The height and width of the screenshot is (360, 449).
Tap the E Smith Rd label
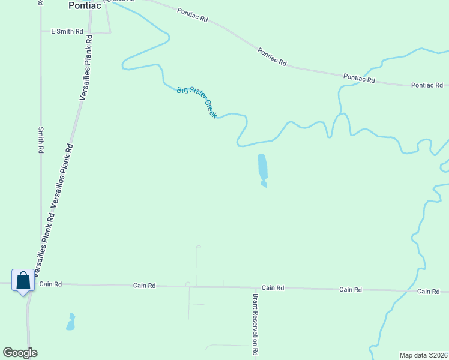point(67,31)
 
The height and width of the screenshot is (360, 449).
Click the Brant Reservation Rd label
point(255,325)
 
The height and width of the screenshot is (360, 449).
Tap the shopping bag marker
point(23,280)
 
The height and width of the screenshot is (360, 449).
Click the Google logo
point(20,353)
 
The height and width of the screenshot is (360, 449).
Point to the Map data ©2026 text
point(423,355)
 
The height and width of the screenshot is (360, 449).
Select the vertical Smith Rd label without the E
point(41,140)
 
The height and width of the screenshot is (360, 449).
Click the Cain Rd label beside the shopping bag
point(50,284)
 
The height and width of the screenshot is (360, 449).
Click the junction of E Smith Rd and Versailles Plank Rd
point(89,32)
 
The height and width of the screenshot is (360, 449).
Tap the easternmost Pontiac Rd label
point(427,85)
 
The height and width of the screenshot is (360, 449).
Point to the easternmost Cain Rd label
point(428,291)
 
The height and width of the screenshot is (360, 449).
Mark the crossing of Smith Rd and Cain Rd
point(40,283)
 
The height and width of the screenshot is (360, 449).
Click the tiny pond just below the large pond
point(264,185)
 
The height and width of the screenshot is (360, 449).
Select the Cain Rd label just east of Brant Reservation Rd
point(273,288)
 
